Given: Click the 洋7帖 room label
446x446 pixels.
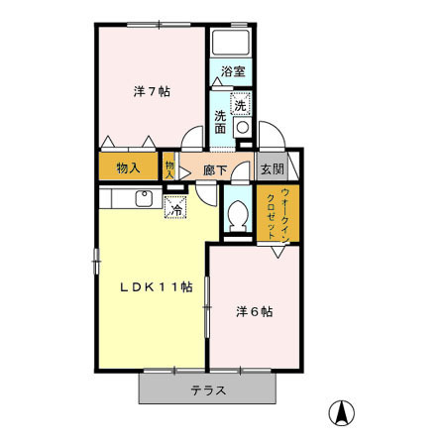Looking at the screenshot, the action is point(152,91).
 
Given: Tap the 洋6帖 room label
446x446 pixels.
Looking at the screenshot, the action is point(255,311).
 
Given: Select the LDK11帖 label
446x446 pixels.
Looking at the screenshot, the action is point(156,286).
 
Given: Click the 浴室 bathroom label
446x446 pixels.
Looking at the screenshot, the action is point(233,71).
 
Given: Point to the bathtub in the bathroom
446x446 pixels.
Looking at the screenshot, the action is point(231,43).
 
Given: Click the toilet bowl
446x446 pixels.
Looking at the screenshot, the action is point(238,214).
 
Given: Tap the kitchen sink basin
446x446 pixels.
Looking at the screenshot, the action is point(144,198).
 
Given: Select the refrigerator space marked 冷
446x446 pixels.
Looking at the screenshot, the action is point(175,207).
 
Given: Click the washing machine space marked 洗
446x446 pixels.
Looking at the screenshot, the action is point(241,104).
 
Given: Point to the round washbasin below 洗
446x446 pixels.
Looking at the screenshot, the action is point(243,127).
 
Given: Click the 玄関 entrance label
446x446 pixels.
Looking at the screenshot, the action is point(273,169).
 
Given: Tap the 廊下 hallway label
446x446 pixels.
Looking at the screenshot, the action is point(215,170).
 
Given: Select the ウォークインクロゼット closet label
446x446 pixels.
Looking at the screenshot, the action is point(277,213).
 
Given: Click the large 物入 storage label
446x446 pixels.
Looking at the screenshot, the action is point(129,168).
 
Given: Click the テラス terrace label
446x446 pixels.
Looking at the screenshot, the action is point(208,390).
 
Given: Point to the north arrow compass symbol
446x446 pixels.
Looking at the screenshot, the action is point(341,412).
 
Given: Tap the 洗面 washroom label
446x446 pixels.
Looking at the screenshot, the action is point(220,122).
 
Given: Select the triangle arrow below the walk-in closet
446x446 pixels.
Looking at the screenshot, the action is point(279,252).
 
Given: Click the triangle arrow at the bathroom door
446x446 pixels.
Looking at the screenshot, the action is point(217,81).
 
